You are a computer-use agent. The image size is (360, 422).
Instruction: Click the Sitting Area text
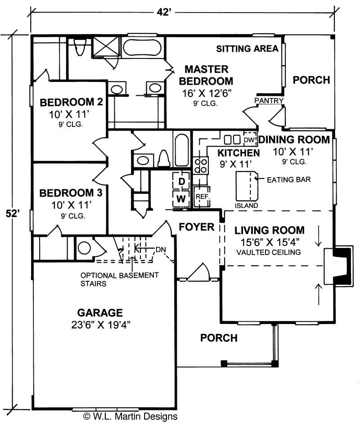(x=247, y=49)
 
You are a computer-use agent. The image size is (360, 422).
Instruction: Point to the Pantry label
(x=269, y=100)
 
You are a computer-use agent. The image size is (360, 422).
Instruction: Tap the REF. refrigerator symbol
(x=201, y=197)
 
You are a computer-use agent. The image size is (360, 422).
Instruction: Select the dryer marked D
(x=182, y=181)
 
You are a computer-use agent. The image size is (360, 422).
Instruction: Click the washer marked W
(x=181, y=198)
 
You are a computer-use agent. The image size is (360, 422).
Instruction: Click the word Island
(x=247, y=206)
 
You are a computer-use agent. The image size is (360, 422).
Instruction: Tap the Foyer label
(x=197, y=227)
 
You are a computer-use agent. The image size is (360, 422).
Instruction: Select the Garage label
(x=100, y=312)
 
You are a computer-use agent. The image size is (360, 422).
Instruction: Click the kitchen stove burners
(x=200, y=165)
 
